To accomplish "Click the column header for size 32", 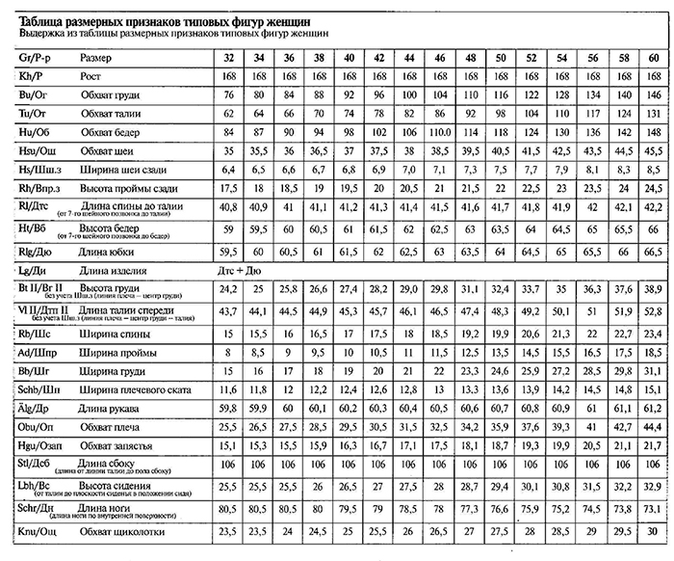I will pos(228,57).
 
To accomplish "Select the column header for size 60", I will pos(654,57).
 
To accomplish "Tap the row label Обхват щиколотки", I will pos(121,532).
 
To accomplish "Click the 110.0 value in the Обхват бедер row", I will pos(439,132).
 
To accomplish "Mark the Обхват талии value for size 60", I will pos(654,113).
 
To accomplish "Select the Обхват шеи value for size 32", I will pos(228,151).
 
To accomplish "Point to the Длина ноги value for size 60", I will pos(654,508).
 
